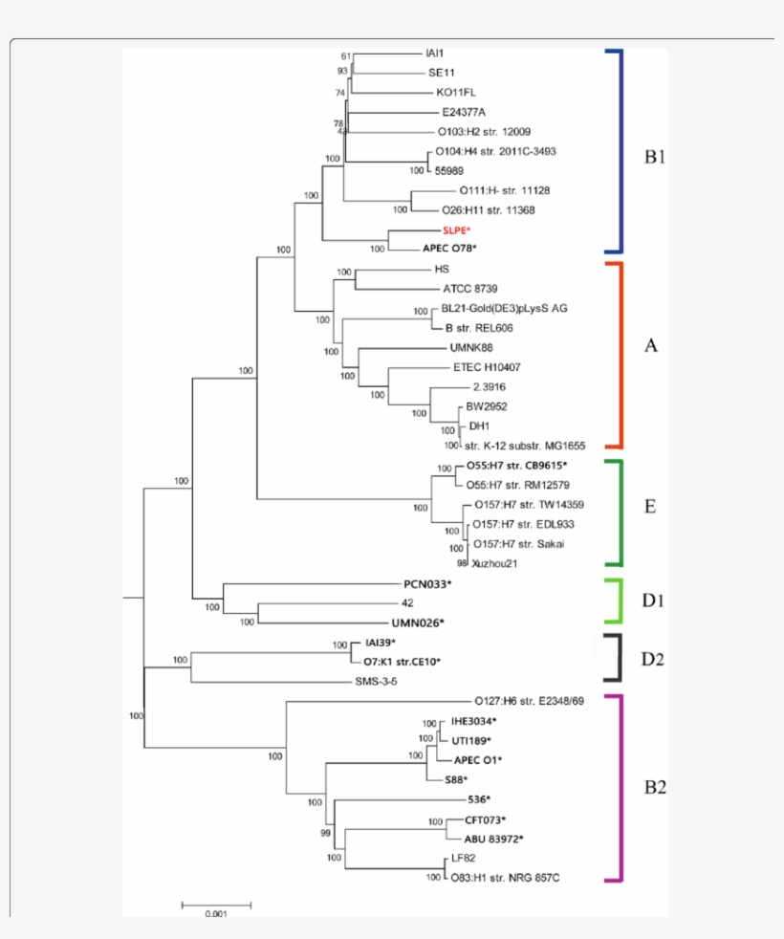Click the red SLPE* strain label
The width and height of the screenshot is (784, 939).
457,230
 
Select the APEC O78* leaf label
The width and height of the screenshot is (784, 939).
449,249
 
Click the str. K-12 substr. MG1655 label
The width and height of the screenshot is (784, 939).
525,446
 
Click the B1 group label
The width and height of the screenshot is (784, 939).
654,157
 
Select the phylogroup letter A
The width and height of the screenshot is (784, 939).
651,346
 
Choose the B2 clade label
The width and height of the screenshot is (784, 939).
655,788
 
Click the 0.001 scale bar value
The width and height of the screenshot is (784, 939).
216,914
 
